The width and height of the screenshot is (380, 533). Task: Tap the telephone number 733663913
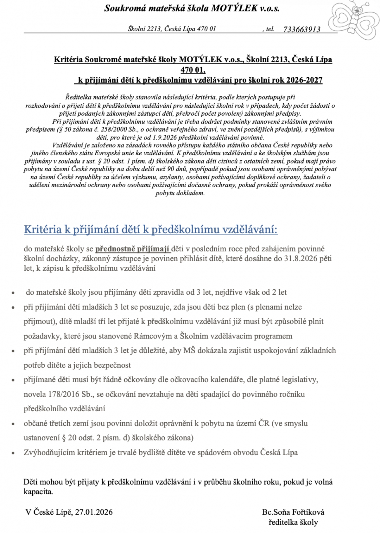point(301,29)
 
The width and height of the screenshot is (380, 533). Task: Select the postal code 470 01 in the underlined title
point(193,69)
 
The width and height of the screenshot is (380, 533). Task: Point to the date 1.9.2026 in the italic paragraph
point(164,138)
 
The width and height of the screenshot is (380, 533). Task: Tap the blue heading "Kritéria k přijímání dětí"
point(151,229)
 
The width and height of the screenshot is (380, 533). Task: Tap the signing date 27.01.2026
point(94,512)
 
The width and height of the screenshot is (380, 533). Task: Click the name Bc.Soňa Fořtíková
point(293,512)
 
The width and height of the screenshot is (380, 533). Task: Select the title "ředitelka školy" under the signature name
point(293,522)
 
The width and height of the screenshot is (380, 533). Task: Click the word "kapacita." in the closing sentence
point(38,492)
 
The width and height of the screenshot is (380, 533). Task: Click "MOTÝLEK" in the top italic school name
point(234,9)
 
